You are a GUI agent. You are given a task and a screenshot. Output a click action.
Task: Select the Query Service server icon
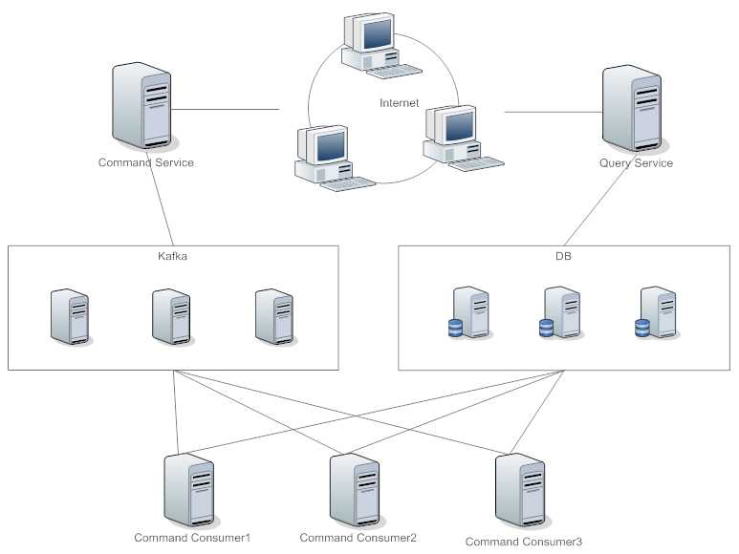[x=632, y=108]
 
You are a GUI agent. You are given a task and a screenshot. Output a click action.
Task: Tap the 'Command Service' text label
[x=146, y=162]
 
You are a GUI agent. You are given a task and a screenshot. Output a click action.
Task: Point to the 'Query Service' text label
[x=636, y=162]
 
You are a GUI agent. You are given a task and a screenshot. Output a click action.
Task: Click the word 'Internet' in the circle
[x=399, y=103]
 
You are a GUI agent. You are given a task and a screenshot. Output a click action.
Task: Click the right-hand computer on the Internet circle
[x=457, y=135]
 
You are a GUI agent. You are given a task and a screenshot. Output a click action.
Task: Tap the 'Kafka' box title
[x=173, y=257]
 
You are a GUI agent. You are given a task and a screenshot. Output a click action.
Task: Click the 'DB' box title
[x=563, y=257]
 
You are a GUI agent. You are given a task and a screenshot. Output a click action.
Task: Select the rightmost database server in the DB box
[x=658, y=312]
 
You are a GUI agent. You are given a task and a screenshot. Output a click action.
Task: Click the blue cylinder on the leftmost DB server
[x=455, y=329]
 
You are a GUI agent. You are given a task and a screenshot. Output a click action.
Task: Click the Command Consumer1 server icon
[x=187, y=489]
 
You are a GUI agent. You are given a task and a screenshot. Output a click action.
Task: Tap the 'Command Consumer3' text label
[x=523, y=542]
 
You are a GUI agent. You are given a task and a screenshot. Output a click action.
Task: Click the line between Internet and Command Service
[x=226, y=109]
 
